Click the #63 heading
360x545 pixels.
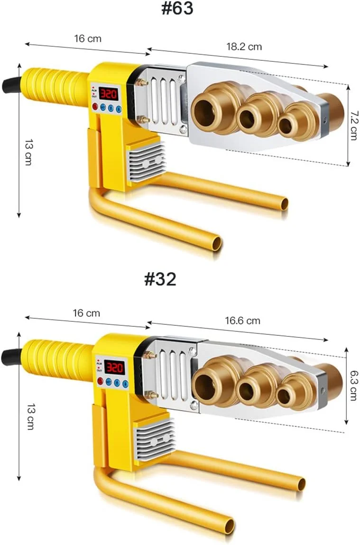(x=177, y=8)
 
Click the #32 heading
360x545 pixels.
(x=160, y=279)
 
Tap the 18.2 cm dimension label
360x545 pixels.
(x=244, y=46)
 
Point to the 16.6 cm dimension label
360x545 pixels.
(x=242, y=321)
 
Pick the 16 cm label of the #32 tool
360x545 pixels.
(x=86, y=313)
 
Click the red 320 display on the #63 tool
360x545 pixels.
(x=109, y=93)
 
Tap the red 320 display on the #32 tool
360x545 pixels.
(x=114, y=367)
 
